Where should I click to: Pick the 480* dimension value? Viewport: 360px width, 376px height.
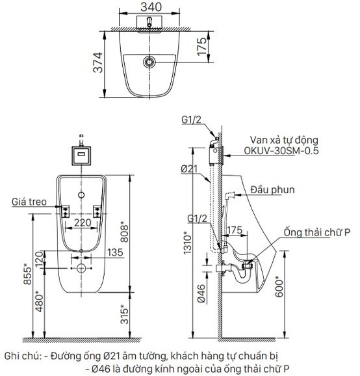click(x=40, y=301)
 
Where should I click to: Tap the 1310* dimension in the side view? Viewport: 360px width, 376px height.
click(x=188, y=243)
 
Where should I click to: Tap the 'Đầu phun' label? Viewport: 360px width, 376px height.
click(x=272, y=190)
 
